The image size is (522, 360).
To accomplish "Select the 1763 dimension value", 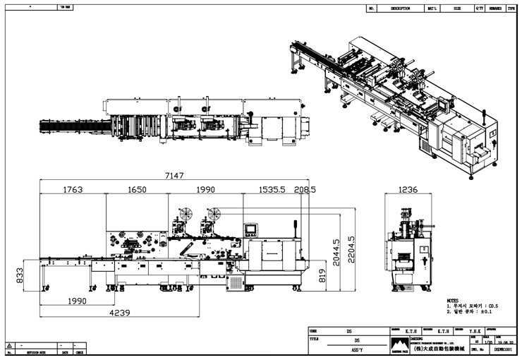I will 73,190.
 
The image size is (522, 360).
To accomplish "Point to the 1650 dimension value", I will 137,190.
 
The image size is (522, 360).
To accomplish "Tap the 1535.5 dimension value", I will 270,190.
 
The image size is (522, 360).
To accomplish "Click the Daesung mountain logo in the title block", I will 400,343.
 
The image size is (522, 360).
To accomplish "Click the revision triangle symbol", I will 9,346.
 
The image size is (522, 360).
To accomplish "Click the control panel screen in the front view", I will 251,228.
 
